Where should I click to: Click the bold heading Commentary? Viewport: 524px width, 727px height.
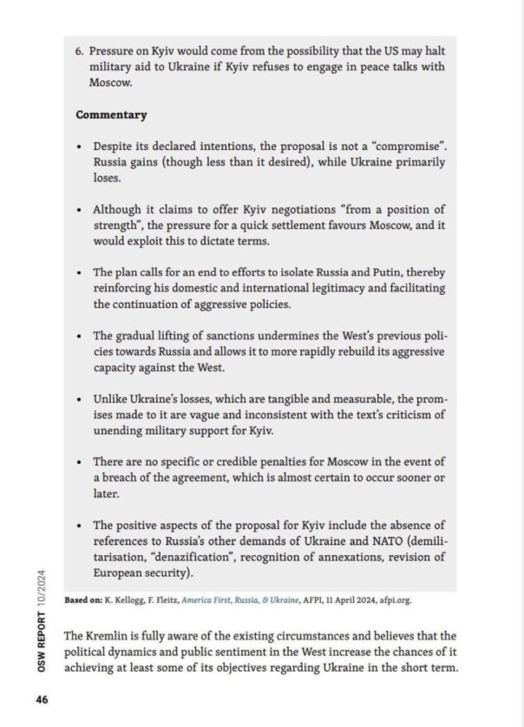[x=111, y=115]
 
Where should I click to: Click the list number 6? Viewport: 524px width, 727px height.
[x=79, y=51]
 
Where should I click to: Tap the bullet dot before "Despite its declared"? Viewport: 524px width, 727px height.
[x=79, y=147]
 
